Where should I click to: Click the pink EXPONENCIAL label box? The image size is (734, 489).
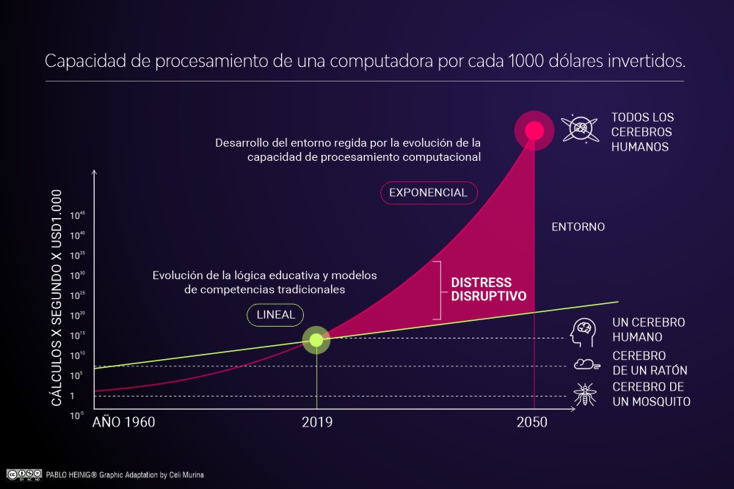(x=429, y=192)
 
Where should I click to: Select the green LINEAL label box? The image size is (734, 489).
(x=275, y=315)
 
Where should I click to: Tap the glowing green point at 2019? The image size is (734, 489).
(x=316, y=339)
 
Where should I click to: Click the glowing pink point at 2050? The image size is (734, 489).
(x=534, y=131)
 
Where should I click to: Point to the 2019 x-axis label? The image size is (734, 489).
(x=316, y=422)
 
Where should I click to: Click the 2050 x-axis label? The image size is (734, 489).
(x=532, y=422)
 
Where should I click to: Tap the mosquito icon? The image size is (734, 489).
(x=585, y=394)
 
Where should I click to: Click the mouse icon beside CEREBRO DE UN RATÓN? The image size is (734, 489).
(x=585, y=363)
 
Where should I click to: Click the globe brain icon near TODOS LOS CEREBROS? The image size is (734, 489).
(x=580, y=129)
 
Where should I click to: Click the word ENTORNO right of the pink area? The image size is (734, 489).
(x=578, y=227)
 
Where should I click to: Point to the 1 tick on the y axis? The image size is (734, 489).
(x=72, y=396)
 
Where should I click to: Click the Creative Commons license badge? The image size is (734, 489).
(x=23, y=474)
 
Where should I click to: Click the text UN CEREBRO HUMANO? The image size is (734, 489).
(x=648, y=330)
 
